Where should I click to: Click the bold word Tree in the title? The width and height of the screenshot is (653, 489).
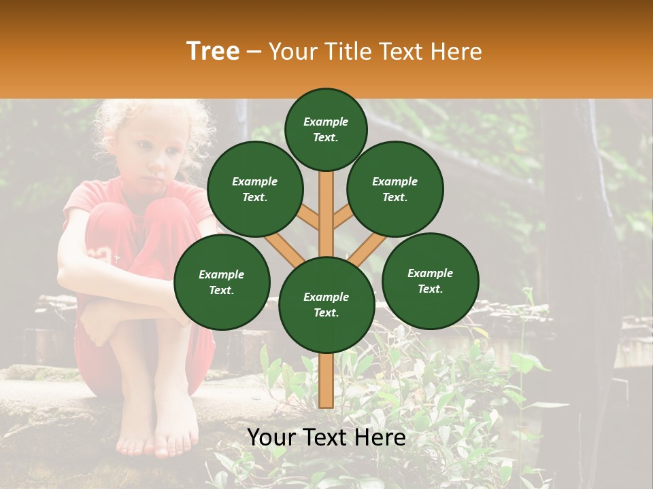pyautogui.click(x=213, y=52)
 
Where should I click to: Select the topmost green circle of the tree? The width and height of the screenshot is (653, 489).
pyautogui.click(x=326, y=129)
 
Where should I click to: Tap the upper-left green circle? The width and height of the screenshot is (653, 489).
pyautogui.click(x=255, y=189)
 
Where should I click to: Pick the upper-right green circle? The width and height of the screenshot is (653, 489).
pyautogui.click(x=395, y=189)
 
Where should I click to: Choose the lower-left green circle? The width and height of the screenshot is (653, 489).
pyautogui.click(x=222, y=282)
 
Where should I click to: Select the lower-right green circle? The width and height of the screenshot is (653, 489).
pyautogui.click(x=430, y=280)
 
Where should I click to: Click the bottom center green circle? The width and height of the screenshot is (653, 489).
pyautogui.click(x=326, y=304)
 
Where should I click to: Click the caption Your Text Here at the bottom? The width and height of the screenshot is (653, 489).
pyautogui.click(x=326, y=437)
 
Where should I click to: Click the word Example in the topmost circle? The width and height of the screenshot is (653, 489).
pyautogui.click(x=326, y=122)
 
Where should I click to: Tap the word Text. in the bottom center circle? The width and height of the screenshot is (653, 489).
pyautogui.click(x=326, y=312)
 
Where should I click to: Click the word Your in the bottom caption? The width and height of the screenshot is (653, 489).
pyautogui.click(x=270, y=437)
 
